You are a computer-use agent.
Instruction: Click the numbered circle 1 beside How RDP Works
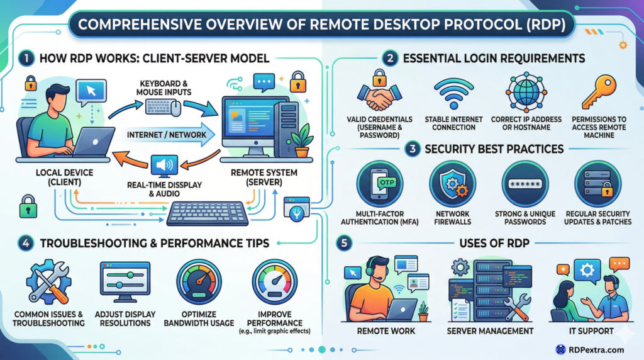point(25,59)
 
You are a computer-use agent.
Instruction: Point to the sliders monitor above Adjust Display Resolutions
point(125,281)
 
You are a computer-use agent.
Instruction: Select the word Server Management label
point(491,331)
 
